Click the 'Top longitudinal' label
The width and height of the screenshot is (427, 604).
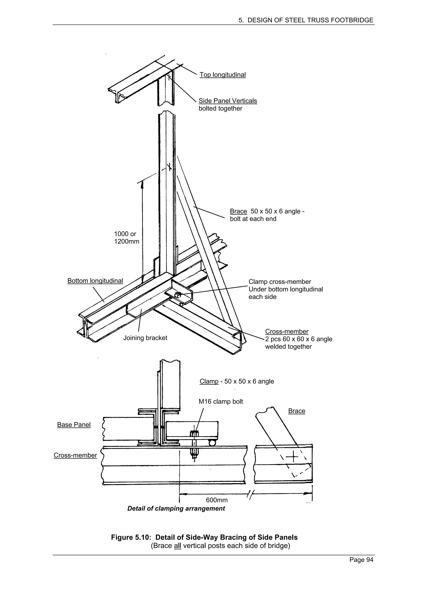tap(223, 75)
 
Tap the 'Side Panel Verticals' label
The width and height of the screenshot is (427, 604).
tap(228, 101)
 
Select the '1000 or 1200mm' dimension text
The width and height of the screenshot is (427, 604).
tap(127, 238)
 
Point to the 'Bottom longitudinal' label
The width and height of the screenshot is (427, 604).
tap(95, 281)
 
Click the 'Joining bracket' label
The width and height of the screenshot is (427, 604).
tap(145, 338)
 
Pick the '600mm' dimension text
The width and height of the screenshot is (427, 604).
tap(217, 500)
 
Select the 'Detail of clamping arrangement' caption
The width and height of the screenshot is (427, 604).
tap(176, 508)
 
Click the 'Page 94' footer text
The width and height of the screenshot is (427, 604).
tap(361, 567)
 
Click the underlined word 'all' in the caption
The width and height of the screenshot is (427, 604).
tap(178, 546)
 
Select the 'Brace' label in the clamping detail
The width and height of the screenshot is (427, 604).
tap(296, 411)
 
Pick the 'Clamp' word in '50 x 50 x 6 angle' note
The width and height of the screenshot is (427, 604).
tap(209, 381)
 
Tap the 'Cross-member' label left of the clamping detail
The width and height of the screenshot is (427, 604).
tap(75, 455)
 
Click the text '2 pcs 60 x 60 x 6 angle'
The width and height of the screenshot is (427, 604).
tap(299, 339)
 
